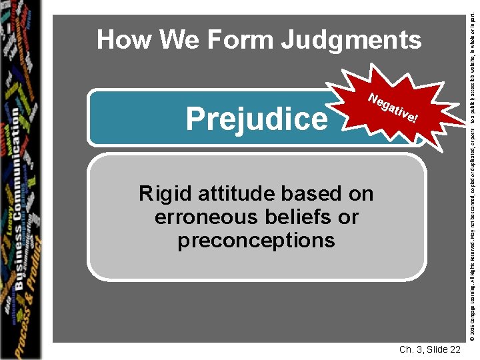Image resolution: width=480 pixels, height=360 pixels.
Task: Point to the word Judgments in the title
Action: pos(351,41)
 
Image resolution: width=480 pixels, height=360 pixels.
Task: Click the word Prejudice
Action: pos(257,119)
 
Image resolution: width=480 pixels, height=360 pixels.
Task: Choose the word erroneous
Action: pos(206,217)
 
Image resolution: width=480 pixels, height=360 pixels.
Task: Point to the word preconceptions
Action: pos(256,240)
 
